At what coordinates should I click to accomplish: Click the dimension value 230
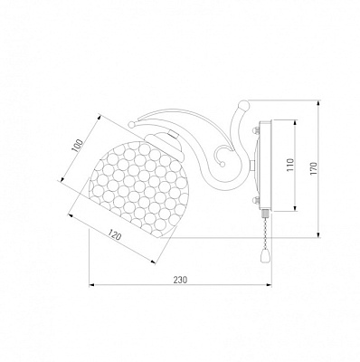pos(180,280)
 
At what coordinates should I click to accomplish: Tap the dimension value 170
pos(314,169)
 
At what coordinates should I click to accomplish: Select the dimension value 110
pos(290,165)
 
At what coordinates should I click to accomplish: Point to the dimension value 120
pos(115,234)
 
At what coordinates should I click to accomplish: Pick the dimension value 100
pos(78,146)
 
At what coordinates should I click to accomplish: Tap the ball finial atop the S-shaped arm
pos(243,106)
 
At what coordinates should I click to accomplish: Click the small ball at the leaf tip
pos(132,124)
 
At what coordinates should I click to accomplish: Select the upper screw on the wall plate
pos(256,130)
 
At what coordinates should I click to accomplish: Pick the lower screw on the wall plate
pos(256,199)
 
